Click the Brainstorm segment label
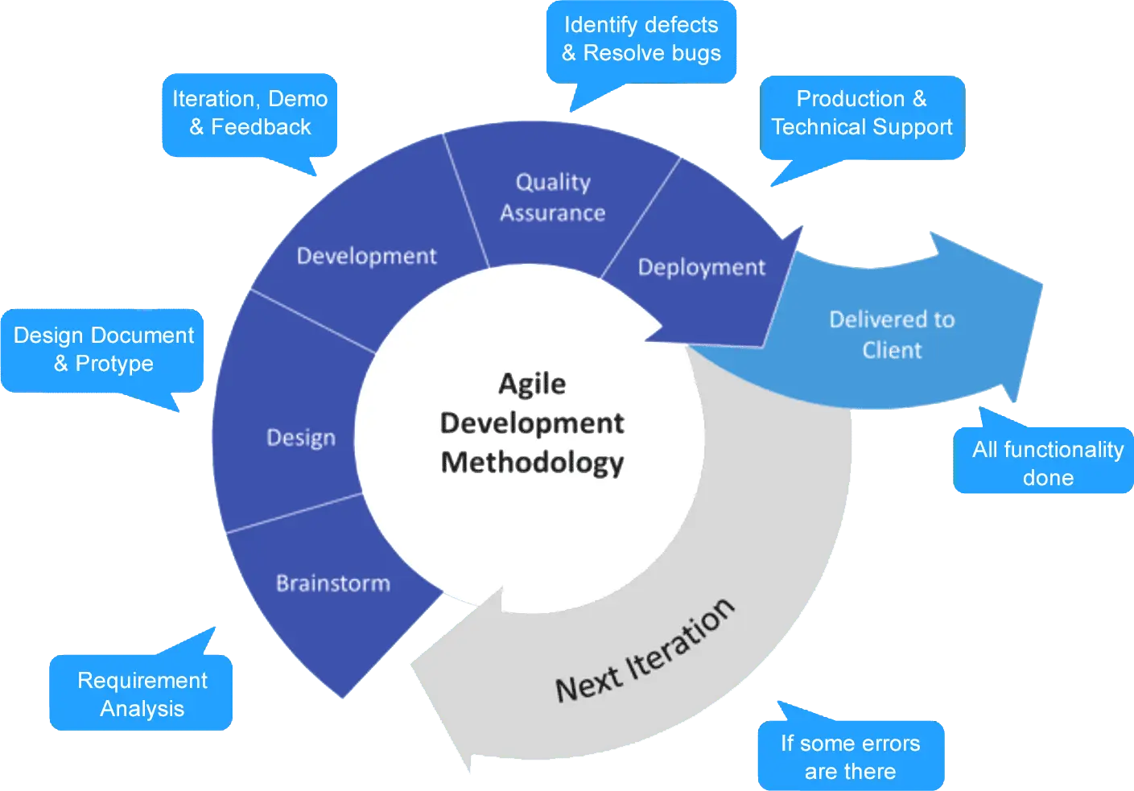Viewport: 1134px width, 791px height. [x=333, y=583]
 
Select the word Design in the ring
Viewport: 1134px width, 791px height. [x=301, y=438]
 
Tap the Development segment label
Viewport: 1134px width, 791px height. [x=366, y=257]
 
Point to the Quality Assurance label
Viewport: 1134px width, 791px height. [x=553, y=198]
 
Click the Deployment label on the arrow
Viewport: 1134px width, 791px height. [x=702, y=268]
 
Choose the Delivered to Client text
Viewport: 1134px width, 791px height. [x=892, y=335]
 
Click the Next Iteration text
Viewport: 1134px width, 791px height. [x=645, y=651]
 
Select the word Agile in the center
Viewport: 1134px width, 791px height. [x=532, y=384]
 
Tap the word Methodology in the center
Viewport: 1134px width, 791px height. [x=532, y=463]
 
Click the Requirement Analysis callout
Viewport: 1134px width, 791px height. [x=141, y=692]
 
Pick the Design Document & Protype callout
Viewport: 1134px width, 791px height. [x=102, y=351]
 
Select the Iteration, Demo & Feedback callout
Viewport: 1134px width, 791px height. [x=249, y=115]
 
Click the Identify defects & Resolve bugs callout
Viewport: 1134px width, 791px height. [x=641, y=42]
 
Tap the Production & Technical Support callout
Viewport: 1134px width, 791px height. [x=862, y=118]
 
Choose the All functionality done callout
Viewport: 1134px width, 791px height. [x=1043, y=460]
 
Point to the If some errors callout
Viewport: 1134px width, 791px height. [x=851, y=755]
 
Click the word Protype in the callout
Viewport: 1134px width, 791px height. [x=114, y=365]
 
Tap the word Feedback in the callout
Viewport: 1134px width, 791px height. [x=261, y=127]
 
